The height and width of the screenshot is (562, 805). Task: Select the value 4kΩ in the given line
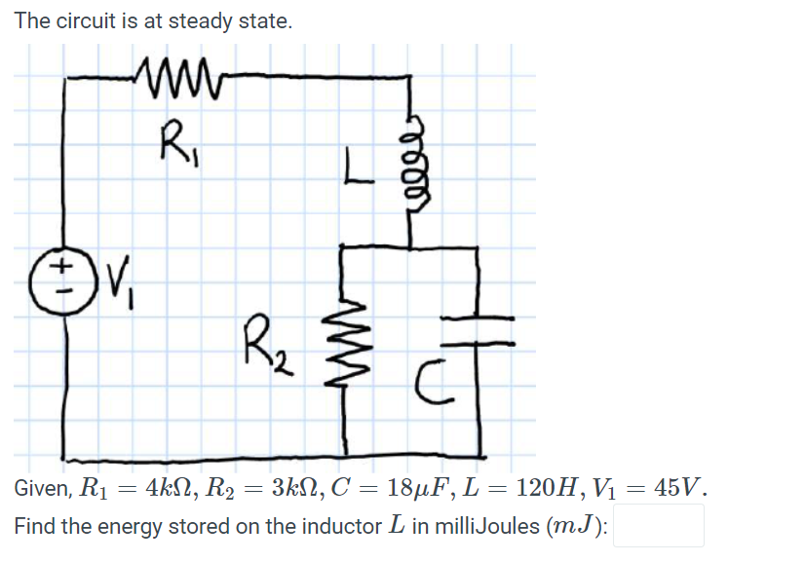point(156,487)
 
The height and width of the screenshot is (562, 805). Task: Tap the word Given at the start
point(41,487)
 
